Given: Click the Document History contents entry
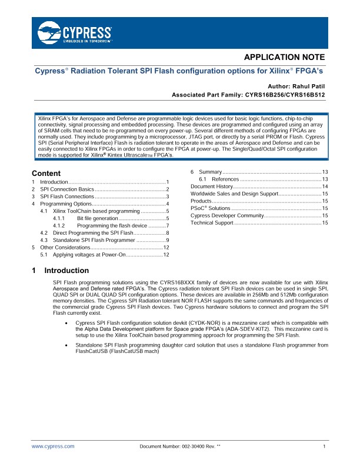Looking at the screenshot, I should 211,186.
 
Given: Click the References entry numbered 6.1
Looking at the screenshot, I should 225,179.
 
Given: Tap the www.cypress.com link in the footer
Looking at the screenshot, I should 53,447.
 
